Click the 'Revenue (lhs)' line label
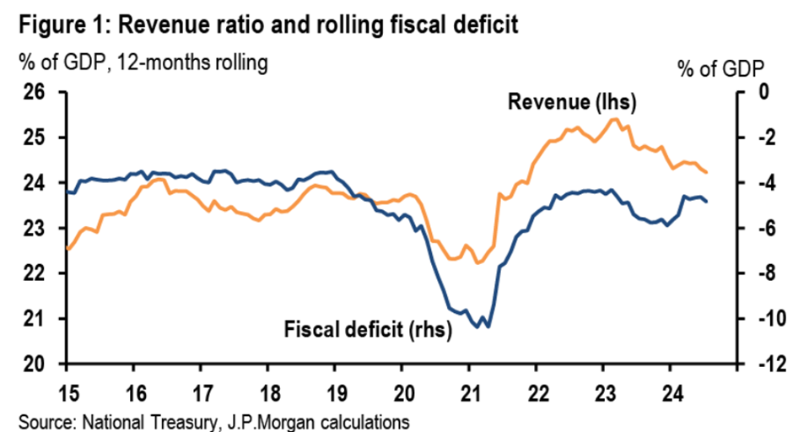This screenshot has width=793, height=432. [571, 104]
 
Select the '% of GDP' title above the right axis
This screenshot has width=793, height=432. [720, 68]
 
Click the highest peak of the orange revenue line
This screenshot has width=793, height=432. [612, 119]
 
